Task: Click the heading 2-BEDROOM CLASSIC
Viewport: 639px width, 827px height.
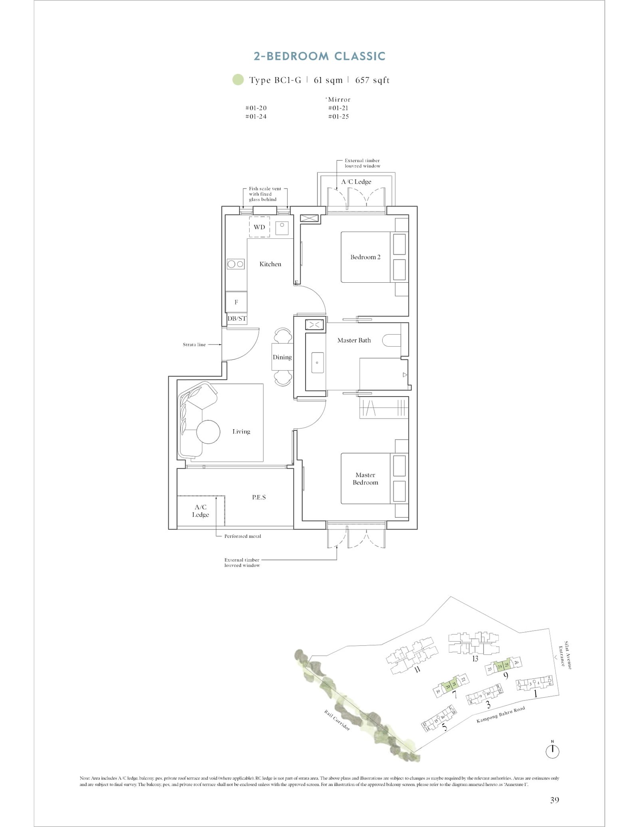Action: click(x=319, y=56)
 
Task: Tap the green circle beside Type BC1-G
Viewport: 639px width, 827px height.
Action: click(x=238, y=80)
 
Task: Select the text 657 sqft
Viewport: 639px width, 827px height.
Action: click(x=372, y=80)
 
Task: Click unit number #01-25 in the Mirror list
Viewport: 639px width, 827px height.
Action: click(x=338, y=117)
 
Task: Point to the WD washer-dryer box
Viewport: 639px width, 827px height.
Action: click(x=259, y=227)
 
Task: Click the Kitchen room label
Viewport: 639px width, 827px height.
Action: click(x=270, y=264)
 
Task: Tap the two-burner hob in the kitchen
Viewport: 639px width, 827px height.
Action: click(x=236, y=264)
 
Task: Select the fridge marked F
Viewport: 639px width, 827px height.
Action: click(x=236, y=302)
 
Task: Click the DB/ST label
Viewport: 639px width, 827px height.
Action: click(x=237, y=319)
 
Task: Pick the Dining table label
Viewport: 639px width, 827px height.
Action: click(x=282, y=357)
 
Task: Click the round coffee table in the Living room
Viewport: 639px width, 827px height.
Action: click(x=208, y=432)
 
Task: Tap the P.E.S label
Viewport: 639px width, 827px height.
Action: click(x=259, y=497)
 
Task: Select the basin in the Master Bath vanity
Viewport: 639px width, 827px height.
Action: click(x=317, y=362)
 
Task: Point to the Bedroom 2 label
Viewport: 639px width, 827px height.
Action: click(x=365, y=257)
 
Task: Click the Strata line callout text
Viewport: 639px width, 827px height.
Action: click(x=194, y=345)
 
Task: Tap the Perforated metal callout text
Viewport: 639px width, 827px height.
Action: click(x=242, y=536)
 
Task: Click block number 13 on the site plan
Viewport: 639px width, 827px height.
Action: click(x=475, y=658)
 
